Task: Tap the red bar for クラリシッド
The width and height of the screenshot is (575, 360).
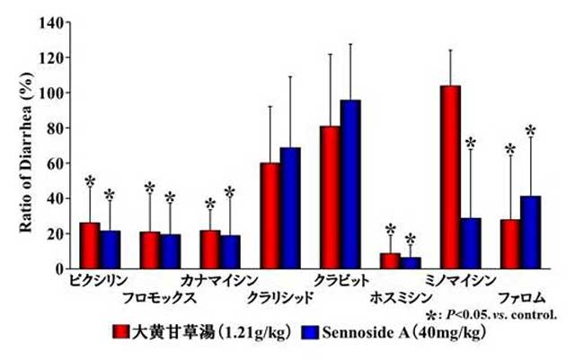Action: (x=270, y=215)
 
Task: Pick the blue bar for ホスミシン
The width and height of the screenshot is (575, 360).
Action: (x=410, y=262)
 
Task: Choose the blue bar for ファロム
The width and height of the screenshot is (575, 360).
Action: (x=530, y=232)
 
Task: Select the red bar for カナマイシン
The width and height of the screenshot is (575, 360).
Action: (x=209, y=249)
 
